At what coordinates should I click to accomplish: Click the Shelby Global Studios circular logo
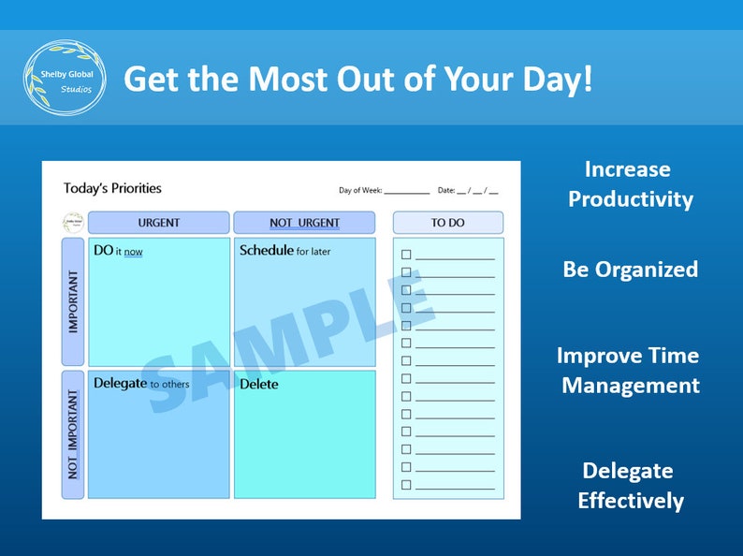tap(65, 79)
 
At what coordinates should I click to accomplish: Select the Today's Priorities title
tap(112, 188)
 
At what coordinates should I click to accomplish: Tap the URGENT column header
tap(158, 223)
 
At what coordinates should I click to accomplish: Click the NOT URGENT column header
tap(304, 223)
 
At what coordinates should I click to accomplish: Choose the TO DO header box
tap(447, 223)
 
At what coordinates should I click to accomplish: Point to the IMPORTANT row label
tap(73, 301)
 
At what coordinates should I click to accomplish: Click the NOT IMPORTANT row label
tap(73, 434)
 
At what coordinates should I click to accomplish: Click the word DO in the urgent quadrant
tap(103, 251)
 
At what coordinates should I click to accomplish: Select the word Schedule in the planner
tap(266, 251)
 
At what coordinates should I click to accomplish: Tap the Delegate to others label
tap(141, 384)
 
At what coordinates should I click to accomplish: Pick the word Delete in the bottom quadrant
tap(258, 384)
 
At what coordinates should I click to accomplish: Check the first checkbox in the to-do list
tap(406, 255)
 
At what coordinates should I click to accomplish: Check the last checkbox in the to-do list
tap(406, 485)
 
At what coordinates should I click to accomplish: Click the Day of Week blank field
tap(406, 191)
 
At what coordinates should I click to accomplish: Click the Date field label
tap(445, 191)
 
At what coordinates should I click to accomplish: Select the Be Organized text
tap(630, 270)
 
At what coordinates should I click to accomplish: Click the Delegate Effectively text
tap(630, 486)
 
